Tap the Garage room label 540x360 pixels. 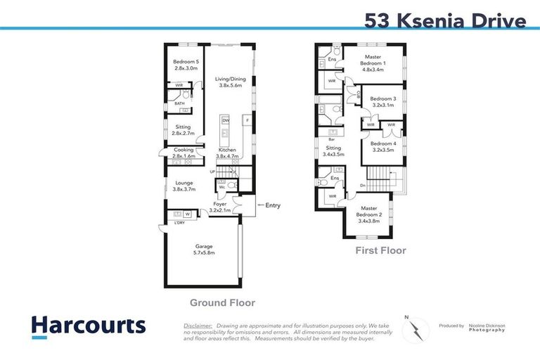click(204, 249)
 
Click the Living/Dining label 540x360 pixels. click(229, 83)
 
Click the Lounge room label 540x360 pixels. click(184, 186)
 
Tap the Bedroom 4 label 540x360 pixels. click(383, 147)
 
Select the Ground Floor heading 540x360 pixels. click(222, 303)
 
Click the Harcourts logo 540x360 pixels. click(89, 326)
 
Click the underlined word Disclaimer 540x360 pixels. click(198, 326)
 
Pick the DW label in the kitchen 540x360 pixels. click(226, 121)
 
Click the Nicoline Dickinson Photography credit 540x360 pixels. click(485, 327)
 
